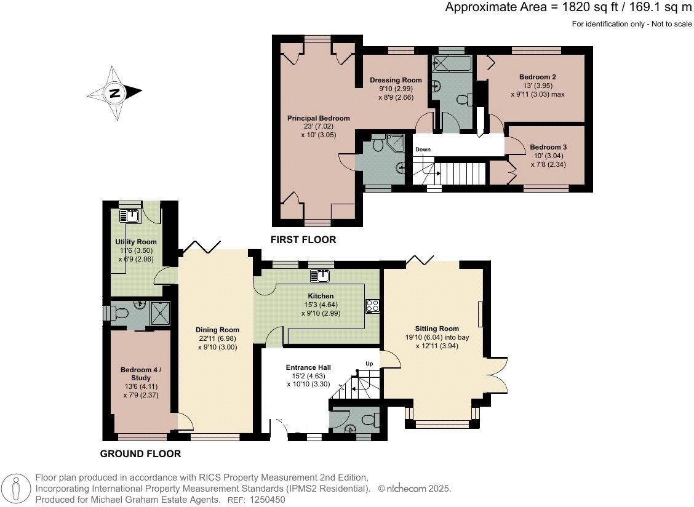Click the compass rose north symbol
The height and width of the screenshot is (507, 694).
[114, 94]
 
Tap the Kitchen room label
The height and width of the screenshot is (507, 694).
[322, 296]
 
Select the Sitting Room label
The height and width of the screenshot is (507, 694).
[437, 328]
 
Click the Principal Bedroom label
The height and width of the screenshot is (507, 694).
[318, 118]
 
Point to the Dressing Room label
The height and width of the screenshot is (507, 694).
[396, 80]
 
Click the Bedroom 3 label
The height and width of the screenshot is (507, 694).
[548, 147]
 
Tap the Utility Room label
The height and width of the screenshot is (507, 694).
[135, 242]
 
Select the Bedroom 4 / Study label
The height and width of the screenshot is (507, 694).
[140, 373]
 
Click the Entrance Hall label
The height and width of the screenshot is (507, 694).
[308, 367]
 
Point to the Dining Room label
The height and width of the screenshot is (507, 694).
[216, 329]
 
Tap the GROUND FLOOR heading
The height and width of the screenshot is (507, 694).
[140, 454]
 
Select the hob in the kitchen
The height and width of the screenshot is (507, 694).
[372, 306]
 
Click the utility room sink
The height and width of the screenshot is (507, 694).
[130, 215]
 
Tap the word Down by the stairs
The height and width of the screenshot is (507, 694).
[423, 150]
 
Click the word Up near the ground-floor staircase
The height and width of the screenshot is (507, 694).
[369, 364]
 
